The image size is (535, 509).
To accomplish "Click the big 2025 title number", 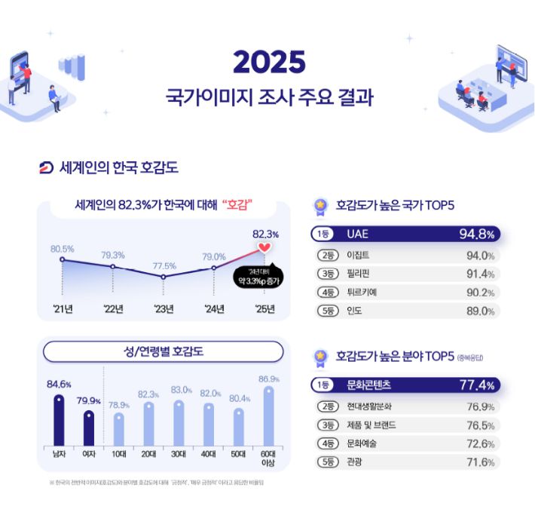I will coord(268,63).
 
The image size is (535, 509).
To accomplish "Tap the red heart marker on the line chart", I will coord(263,247).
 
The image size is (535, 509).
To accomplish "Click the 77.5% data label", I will coord(164,265).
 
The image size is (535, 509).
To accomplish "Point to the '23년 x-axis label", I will coord(164,308).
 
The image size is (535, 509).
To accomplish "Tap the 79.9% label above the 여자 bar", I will coord(89,400).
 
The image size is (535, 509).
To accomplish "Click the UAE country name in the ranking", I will coord(358,234).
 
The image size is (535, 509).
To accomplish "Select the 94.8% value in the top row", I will coord(476,234).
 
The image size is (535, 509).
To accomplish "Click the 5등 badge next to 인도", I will coord(326,311).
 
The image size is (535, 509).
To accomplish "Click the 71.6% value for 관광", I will coord(480,462).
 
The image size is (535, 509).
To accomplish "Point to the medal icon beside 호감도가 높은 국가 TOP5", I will coord(321,204).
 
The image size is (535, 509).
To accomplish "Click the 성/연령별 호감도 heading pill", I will coord(163,351).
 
